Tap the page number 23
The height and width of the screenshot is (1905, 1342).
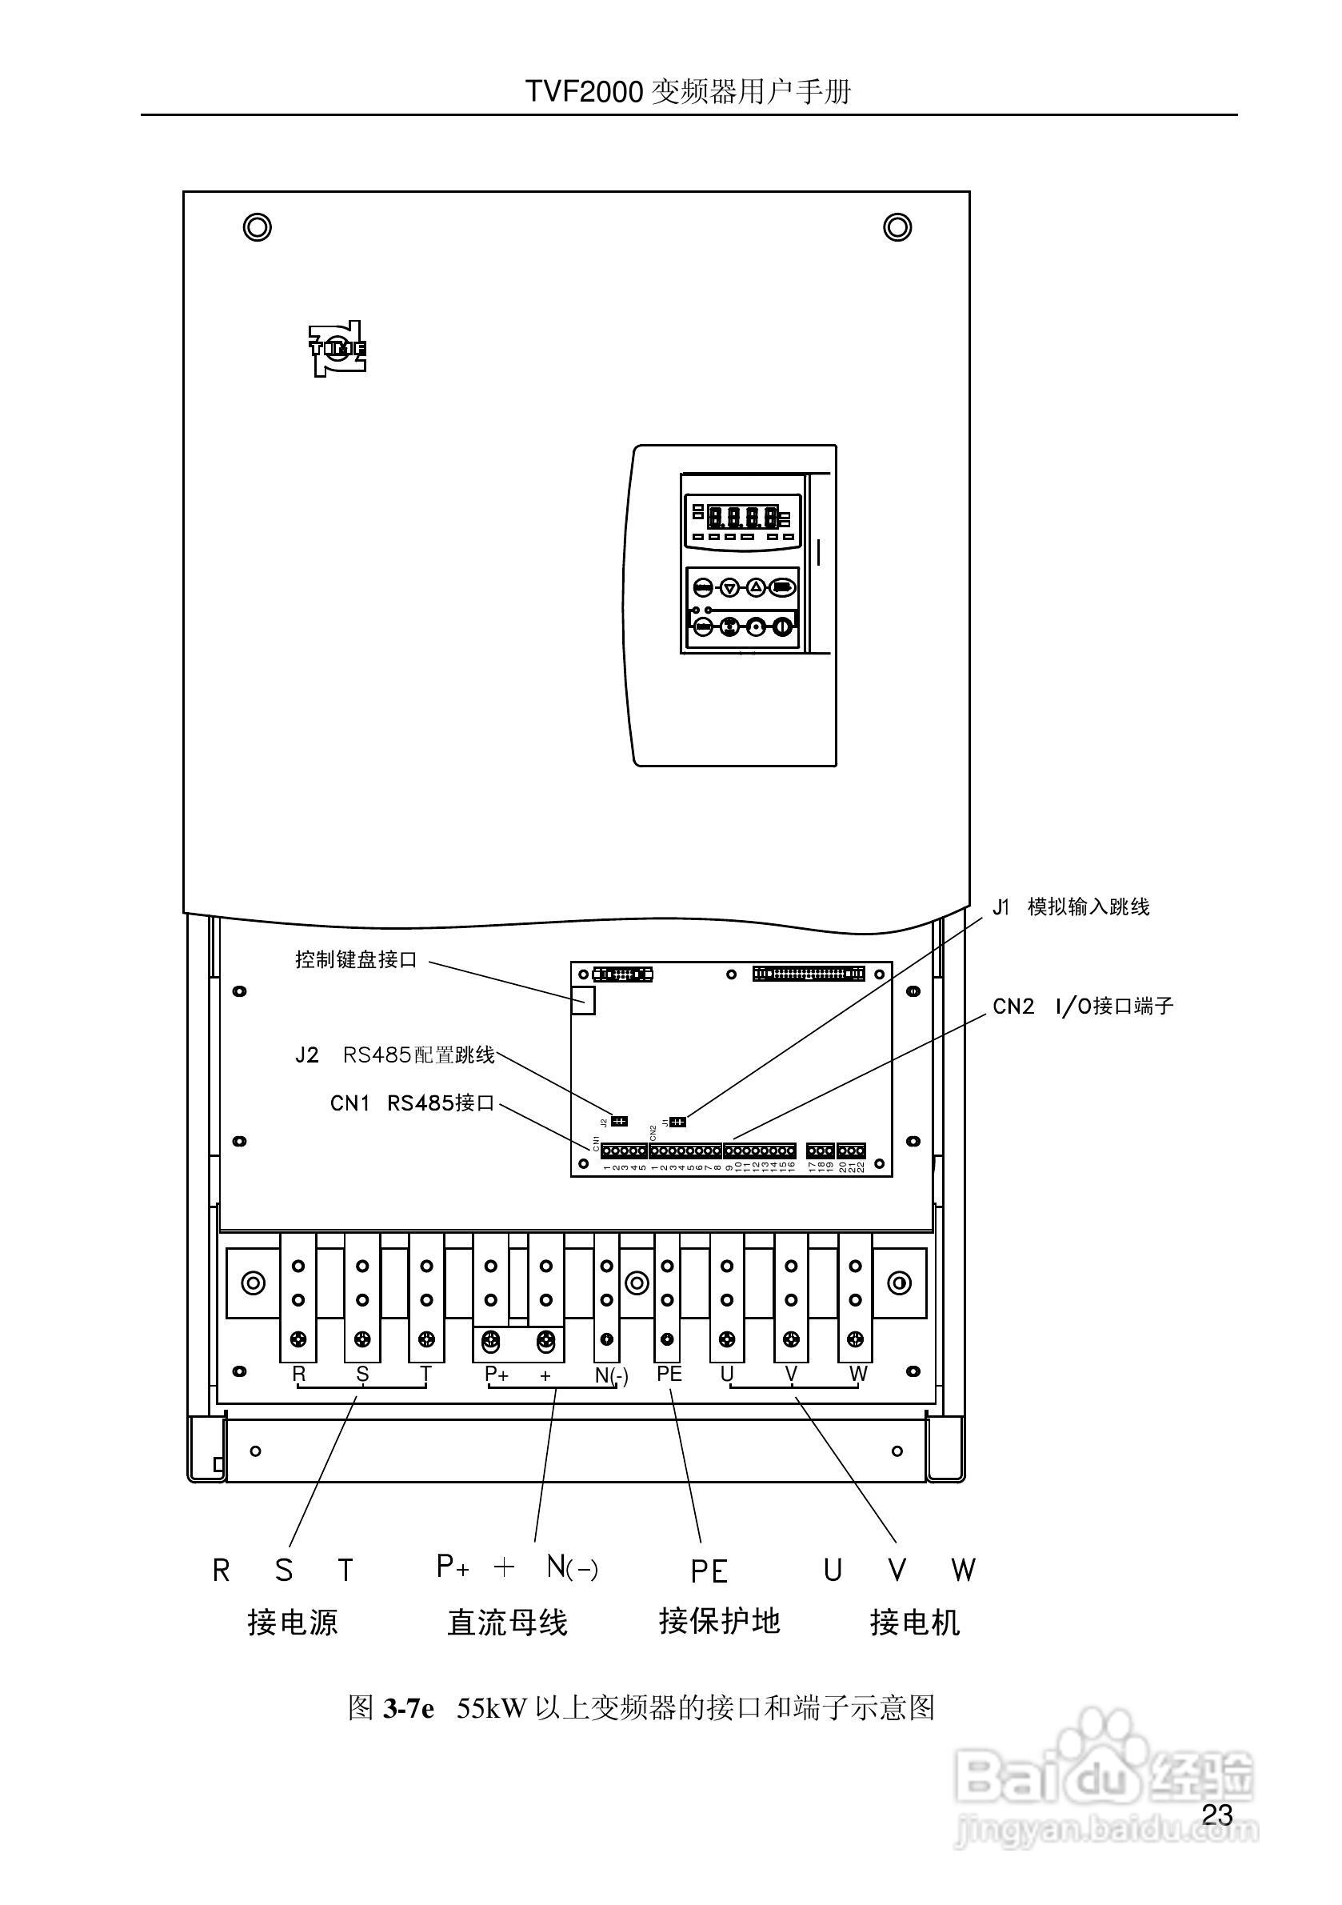1216,1815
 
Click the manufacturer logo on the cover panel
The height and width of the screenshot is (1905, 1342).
337,349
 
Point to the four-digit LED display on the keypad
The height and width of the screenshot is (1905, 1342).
741,518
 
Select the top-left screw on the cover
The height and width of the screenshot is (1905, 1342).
257,226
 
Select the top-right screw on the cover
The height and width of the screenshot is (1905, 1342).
897,226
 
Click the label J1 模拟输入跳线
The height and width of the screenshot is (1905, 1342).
1071,906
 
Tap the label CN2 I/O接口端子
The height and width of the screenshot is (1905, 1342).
1082,1007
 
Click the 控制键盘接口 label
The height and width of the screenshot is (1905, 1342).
356,960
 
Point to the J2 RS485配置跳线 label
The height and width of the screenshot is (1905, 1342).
395,1055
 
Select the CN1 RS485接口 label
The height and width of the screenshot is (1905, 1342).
412,1103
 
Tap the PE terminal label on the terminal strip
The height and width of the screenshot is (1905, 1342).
669,1373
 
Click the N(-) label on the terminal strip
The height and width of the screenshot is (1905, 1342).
611,1375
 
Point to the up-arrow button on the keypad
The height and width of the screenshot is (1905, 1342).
756,587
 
